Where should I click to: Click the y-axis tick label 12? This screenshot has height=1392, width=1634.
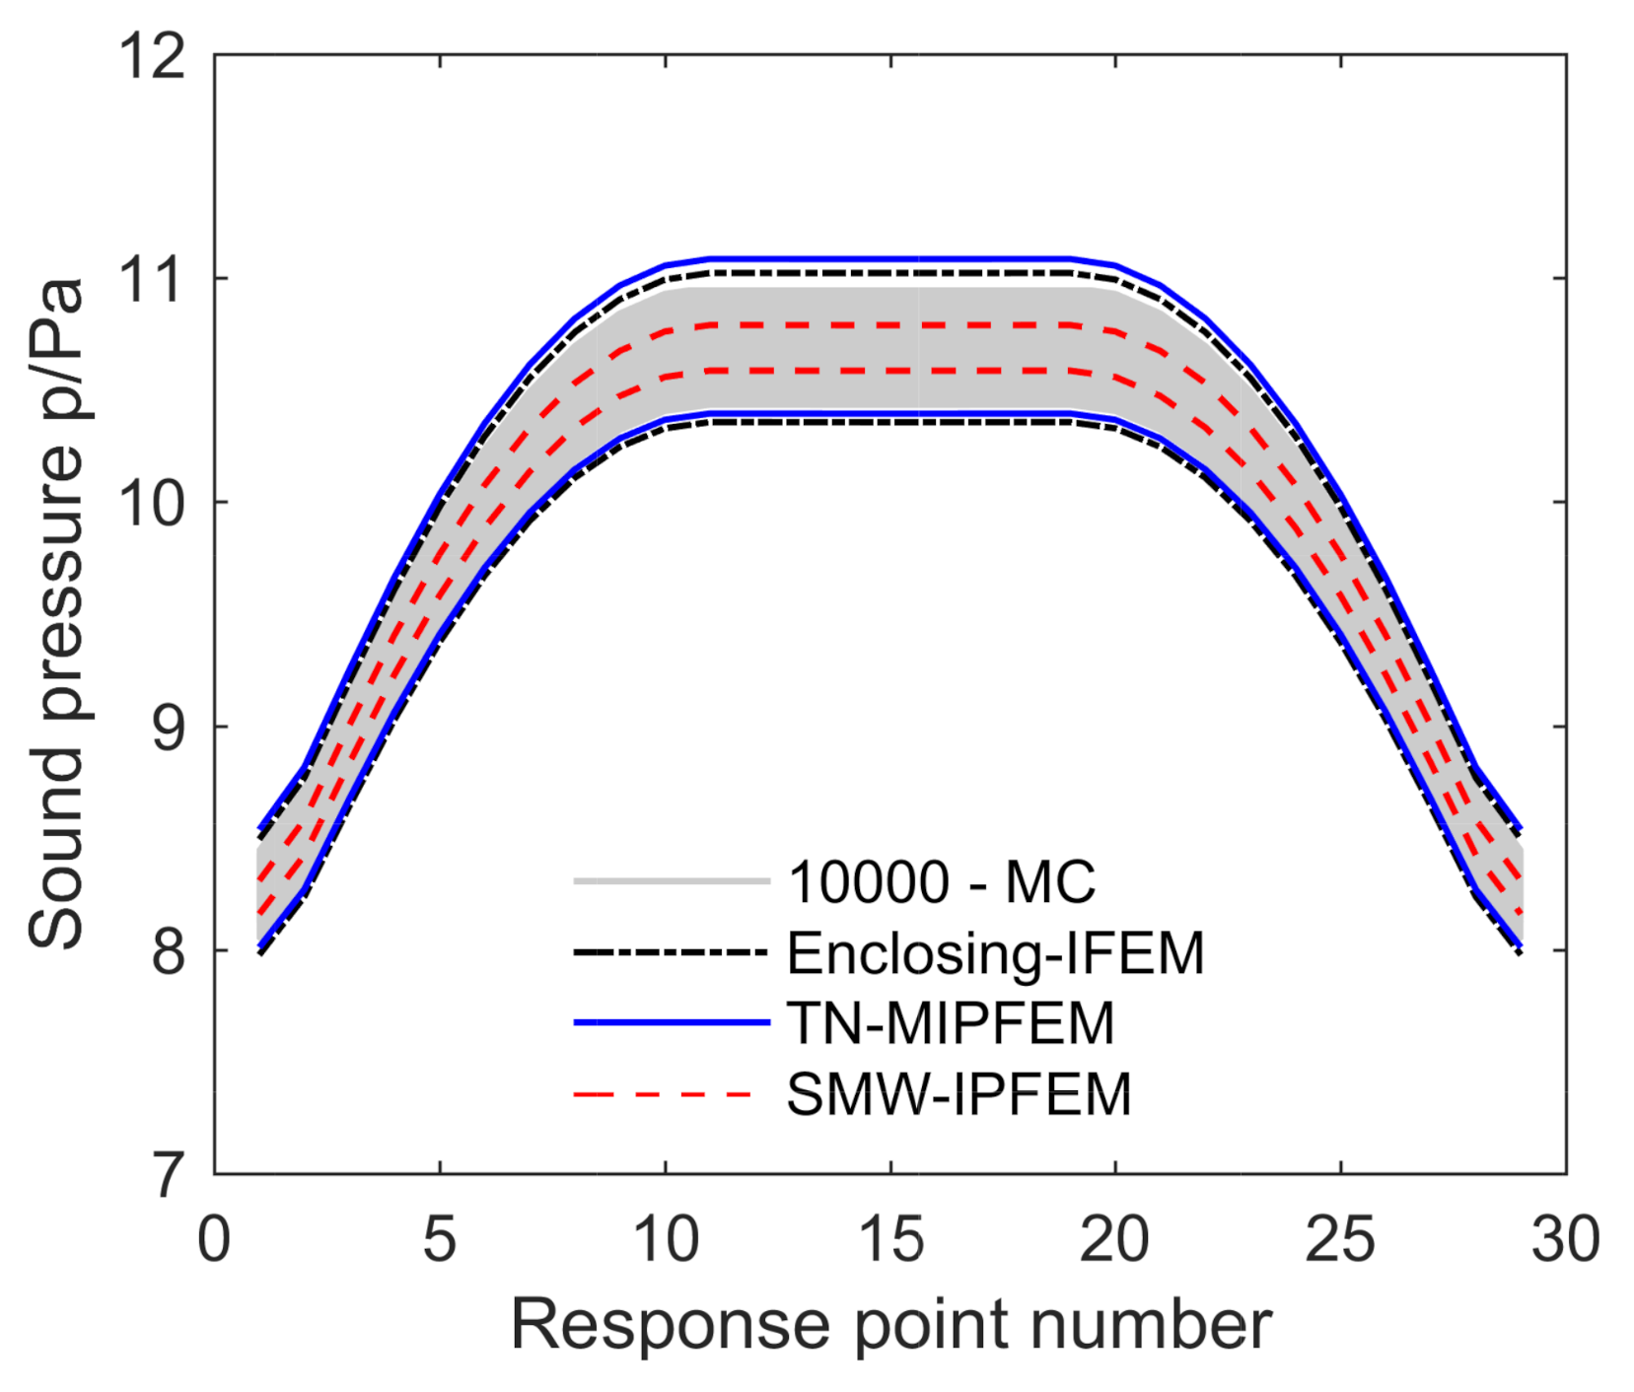coord(152,56)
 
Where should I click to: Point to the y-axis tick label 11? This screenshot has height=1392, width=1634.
coord(152,280)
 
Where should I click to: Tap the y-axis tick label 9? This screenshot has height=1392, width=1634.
coord(168,728)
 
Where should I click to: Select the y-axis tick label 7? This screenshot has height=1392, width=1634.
coord(168,1175)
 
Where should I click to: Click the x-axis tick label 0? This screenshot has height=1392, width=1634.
coord(214,1239)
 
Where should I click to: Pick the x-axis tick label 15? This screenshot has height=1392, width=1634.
coord(890,1239)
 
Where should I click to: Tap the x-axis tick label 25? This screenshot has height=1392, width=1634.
coord(1340,1239)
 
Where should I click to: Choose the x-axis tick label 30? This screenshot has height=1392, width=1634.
coord(1565,1239)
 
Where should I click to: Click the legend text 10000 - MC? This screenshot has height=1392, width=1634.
coord(941,881)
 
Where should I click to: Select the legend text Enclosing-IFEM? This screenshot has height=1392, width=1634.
coord(995,953)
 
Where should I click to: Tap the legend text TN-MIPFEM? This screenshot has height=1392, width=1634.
coord(950,1023)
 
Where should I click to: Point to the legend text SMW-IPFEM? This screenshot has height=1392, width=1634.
coord(959,1094)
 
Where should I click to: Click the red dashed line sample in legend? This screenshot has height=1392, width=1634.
coord(671,1094)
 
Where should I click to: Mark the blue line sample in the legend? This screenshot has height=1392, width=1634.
coord(671,1023)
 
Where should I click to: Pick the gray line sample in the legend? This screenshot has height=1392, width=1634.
coord(671,881)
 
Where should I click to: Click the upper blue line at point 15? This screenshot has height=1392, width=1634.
coord(890,259)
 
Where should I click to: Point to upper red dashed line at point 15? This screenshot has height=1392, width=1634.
coord(890,324)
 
